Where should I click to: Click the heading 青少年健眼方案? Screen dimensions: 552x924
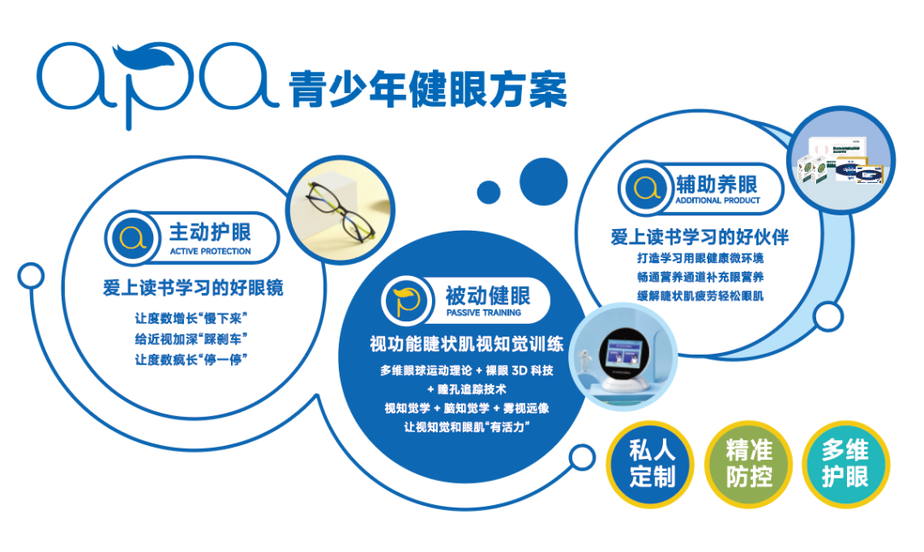pos(428,89)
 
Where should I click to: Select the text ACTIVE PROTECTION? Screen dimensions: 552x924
pos(210,251)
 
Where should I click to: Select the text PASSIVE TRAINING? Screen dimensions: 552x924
pos(483,313)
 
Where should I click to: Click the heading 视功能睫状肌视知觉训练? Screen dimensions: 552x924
pos(466,344)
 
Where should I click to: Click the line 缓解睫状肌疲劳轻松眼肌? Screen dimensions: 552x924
pos(700,296)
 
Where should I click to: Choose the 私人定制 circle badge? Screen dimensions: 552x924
pos(652,462)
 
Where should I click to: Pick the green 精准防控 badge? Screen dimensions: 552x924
pos(749,462)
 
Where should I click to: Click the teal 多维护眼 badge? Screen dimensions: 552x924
pos(844,462)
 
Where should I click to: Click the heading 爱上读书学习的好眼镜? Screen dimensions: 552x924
pos(193,288)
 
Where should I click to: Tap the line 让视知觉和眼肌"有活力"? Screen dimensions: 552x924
pos(463,426)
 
